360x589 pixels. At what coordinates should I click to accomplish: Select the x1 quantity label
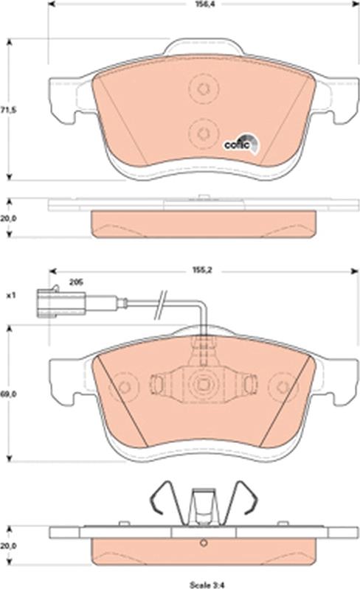pos(10,296)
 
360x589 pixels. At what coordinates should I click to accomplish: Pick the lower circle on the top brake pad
pos(200,132)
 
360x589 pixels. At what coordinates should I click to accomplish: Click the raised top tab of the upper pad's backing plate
pos(200,49)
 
